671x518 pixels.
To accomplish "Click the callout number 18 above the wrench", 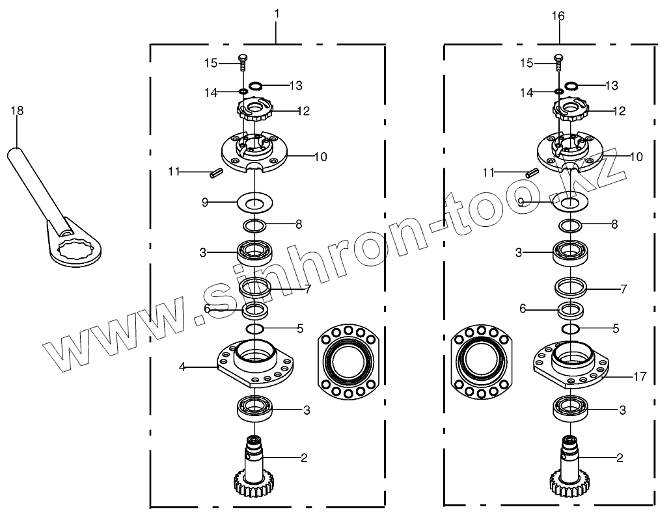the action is [17, 111].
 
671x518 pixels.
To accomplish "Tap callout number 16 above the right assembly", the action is [558, 16].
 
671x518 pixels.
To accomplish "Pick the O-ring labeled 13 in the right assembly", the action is [571, 86].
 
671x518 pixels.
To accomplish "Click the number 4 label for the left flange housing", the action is [183, 368].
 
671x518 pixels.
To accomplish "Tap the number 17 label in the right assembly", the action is [640, 376].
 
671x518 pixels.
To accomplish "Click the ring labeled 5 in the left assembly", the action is [255, 329].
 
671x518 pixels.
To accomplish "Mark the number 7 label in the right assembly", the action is [623, 288].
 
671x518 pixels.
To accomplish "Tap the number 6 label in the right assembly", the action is [523, 309].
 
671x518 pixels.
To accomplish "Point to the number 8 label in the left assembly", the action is [298, 225].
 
